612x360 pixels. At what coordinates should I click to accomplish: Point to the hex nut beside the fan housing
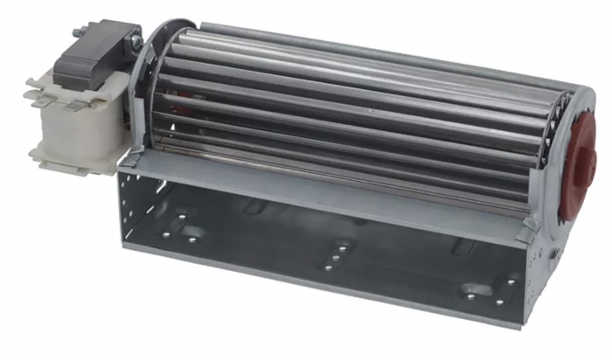click(x=135, y=41)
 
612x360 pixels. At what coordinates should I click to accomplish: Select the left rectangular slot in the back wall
click(x=253, y=207)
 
